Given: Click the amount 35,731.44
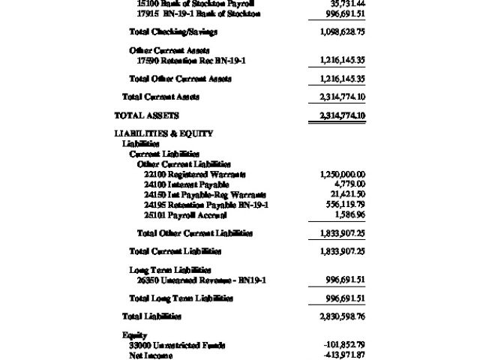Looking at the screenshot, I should coord(346,4).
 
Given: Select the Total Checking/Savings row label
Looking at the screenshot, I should coord(173,32).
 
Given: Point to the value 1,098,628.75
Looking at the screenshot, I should coord(342,32).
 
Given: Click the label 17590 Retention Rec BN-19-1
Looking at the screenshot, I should coord(188,60).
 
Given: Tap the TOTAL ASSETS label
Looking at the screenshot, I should coord(146,115).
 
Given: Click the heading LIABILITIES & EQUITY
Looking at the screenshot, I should coord(163,133).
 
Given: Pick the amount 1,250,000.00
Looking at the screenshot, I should coord(342,174).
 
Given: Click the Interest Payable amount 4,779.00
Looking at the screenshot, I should coord(349,184).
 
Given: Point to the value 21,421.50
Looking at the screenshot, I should coord(346,194).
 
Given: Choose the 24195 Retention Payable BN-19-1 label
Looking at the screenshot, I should coord(206,205).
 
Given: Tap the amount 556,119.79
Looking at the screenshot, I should coord(344,205).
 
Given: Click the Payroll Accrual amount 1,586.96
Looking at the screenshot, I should coord(349,214).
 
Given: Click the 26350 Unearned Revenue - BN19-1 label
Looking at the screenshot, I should coord(202,280).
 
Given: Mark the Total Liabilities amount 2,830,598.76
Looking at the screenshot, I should coord(342,316).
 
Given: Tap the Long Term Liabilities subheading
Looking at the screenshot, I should coord(170,270).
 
